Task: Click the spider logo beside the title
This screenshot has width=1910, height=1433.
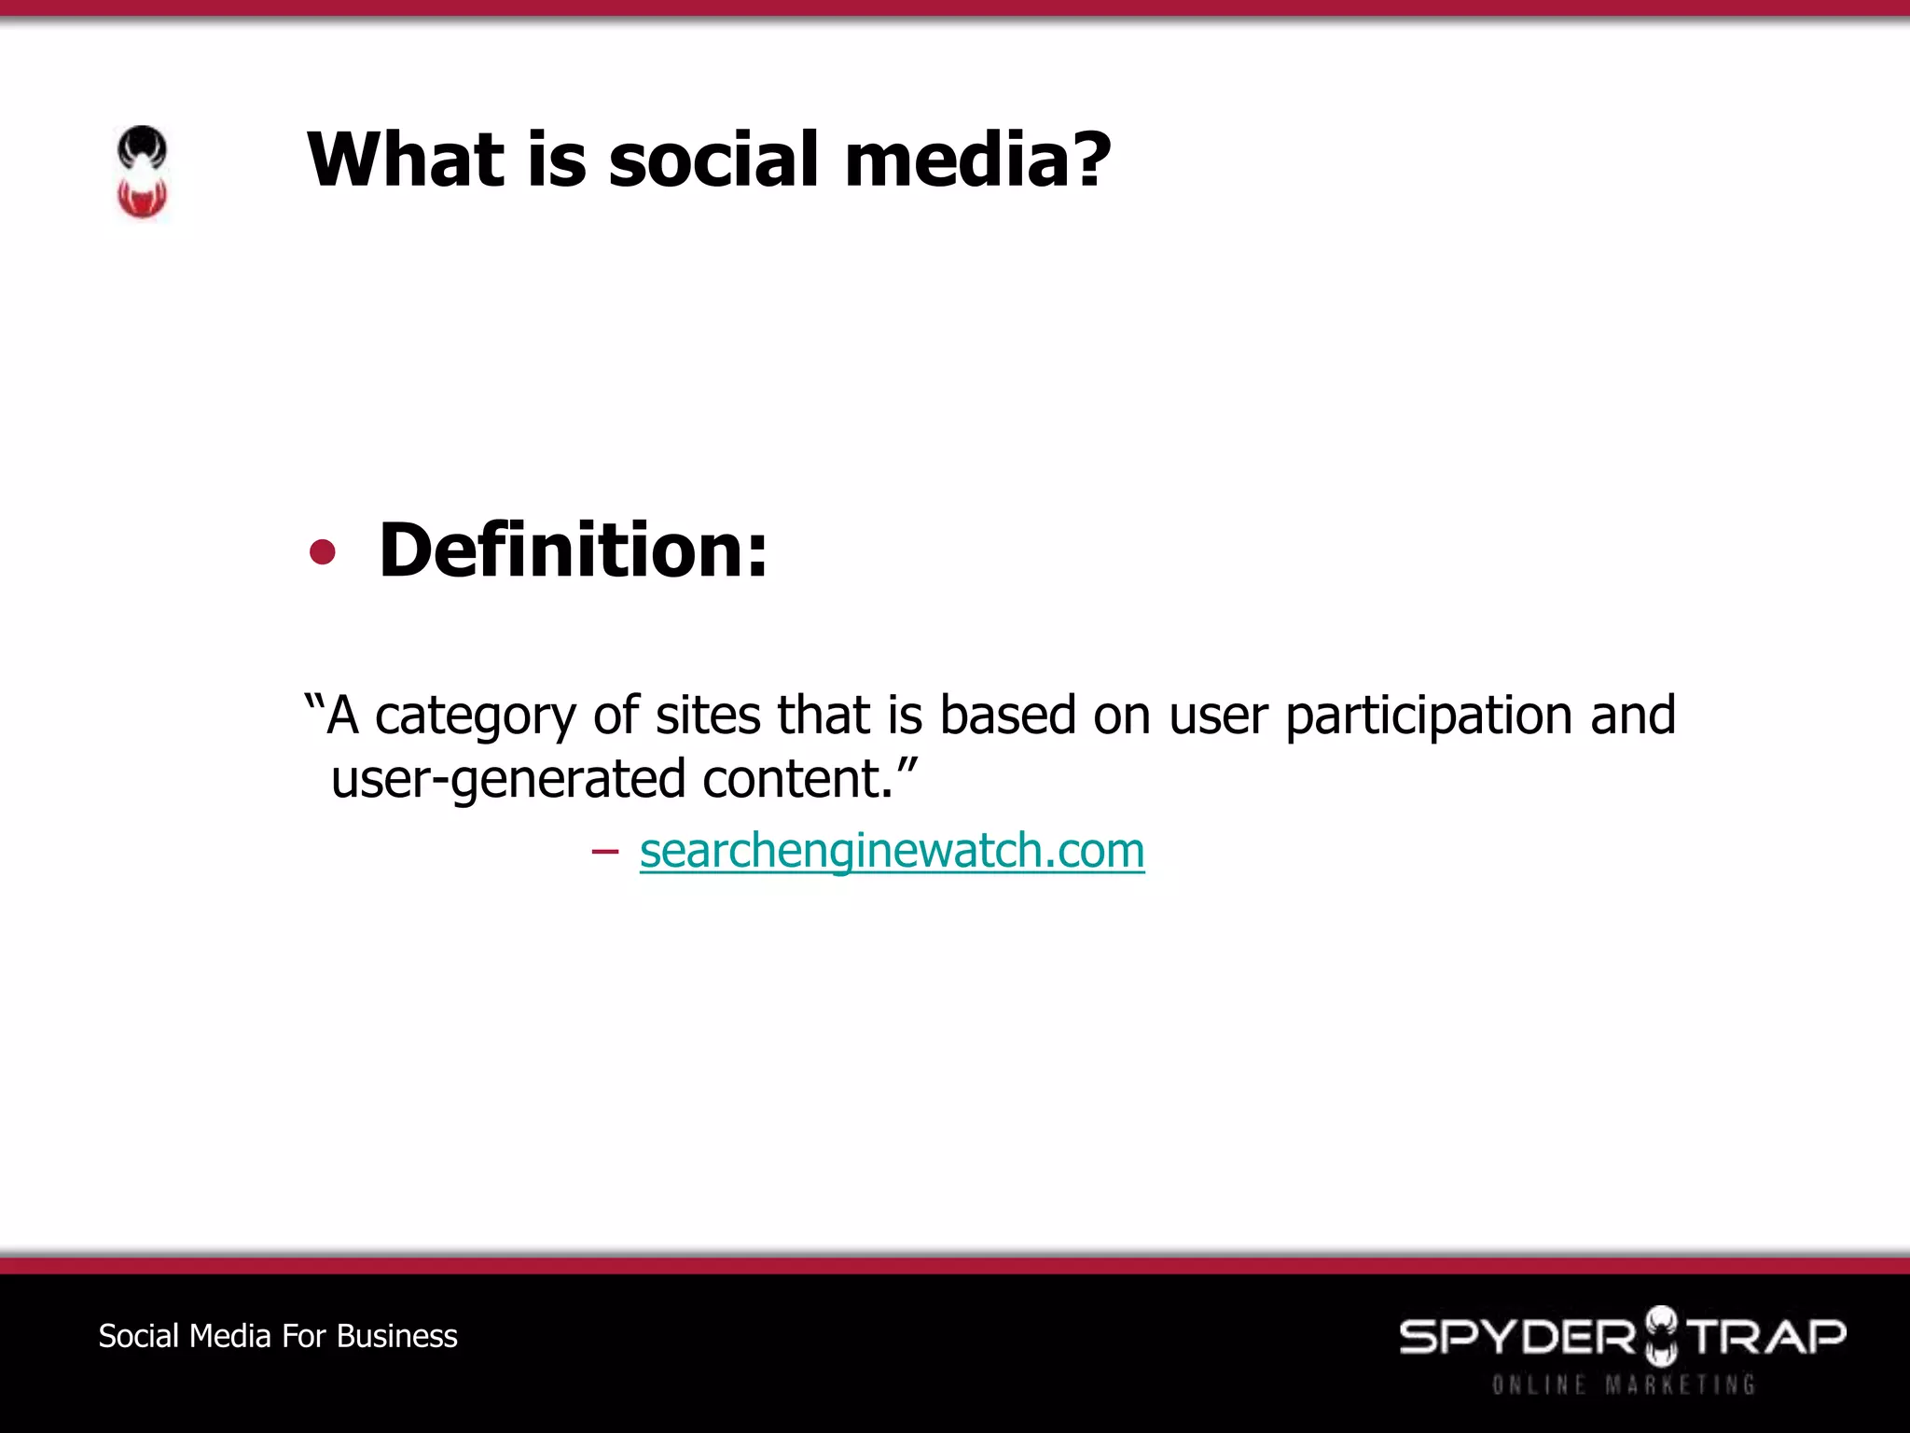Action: click(142, 173)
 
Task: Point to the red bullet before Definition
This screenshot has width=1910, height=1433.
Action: click(322, 552)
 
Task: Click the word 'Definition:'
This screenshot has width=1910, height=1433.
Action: click(573, 550)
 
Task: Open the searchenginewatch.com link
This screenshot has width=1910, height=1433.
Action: click(892, 850)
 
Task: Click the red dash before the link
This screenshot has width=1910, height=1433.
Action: click(604, 851)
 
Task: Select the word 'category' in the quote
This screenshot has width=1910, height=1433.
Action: click(475, 716)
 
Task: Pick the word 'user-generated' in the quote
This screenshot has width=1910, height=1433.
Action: click(508, 780)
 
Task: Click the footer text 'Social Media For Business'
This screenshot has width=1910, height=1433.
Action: click(278, 1336)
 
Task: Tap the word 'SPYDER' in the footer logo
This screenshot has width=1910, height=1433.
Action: click(1516, 1337)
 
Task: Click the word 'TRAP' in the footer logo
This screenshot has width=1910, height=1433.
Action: click(1767, 1337)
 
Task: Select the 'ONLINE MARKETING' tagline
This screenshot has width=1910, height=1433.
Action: click(1623, 1384)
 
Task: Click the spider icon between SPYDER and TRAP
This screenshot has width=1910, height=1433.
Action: click(1660, 1335)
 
